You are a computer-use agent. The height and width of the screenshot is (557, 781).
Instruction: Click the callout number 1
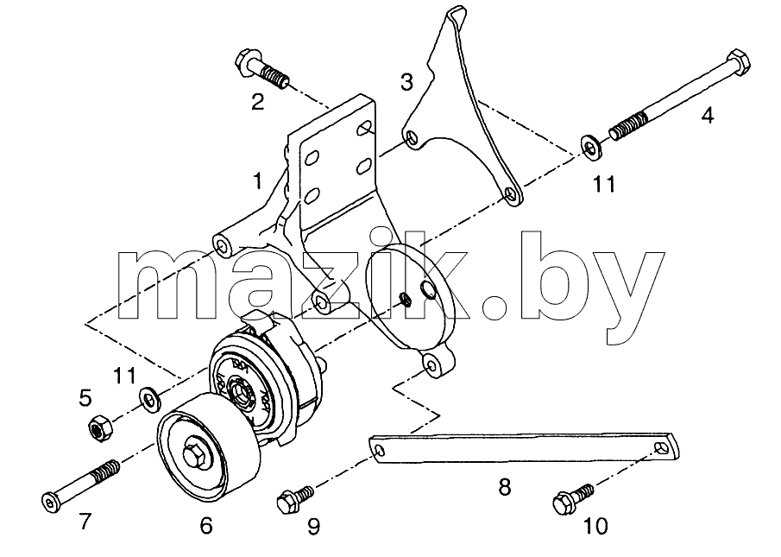tap(257, 181)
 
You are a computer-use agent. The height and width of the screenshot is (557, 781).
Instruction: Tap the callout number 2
tap(257, 102)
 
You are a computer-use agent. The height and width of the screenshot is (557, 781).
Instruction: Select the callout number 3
tap(407, 82)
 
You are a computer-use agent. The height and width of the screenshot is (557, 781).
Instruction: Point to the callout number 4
tap(708, 115)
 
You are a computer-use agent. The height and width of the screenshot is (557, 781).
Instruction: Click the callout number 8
tap(505, 487)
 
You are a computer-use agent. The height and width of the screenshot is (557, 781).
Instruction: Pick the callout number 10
tap(595, 526)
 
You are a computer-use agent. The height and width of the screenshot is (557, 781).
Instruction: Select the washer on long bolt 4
tap(592, 147)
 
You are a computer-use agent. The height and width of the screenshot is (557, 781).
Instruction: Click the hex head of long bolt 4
tap(738, 63)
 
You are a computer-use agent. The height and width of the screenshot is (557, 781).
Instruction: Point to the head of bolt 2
tap(245, 63)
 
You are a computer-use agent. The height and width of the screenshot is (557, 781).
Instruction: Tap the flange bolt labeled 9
tap(295, 500)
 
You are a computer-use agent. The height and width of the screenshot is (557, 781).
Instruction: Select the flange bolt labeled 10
tap(573, 499)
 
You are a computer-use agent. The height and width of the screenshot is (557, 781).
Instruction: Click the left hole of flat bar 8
tap(380, 452)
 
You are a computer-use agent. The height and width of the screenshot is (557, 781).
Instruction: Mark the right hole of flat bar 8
tap(663, 447)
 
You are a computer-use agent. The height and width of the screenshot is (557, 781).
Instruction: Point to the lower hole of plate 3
tap(510, 193)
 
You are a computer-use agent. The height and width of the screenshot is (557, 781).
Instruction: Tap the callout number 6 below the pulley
tap(205, 525)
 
